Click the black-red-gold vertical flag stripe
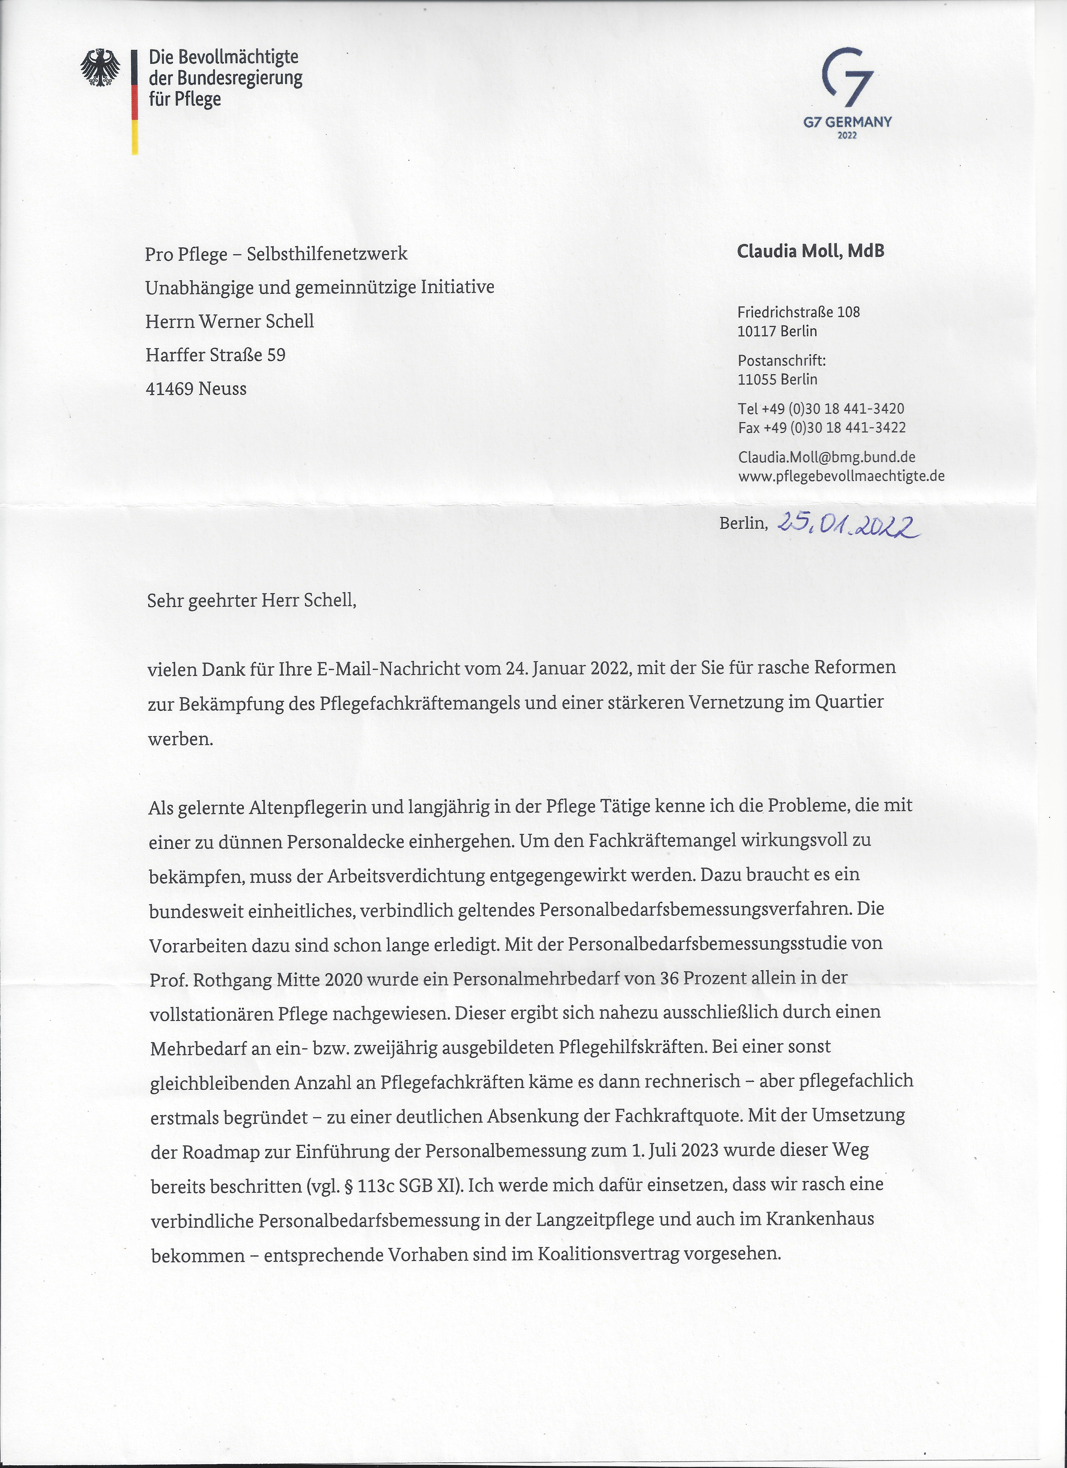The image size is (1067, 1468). (x=135, y=102)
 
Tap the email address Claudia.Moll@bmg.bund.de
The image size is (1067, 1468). (x=826, y=457)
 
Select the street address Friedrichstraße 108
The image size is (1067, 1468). (x=798, y=312)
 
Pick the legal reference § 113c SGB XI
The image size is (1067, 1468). (x=394, y=1186)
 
